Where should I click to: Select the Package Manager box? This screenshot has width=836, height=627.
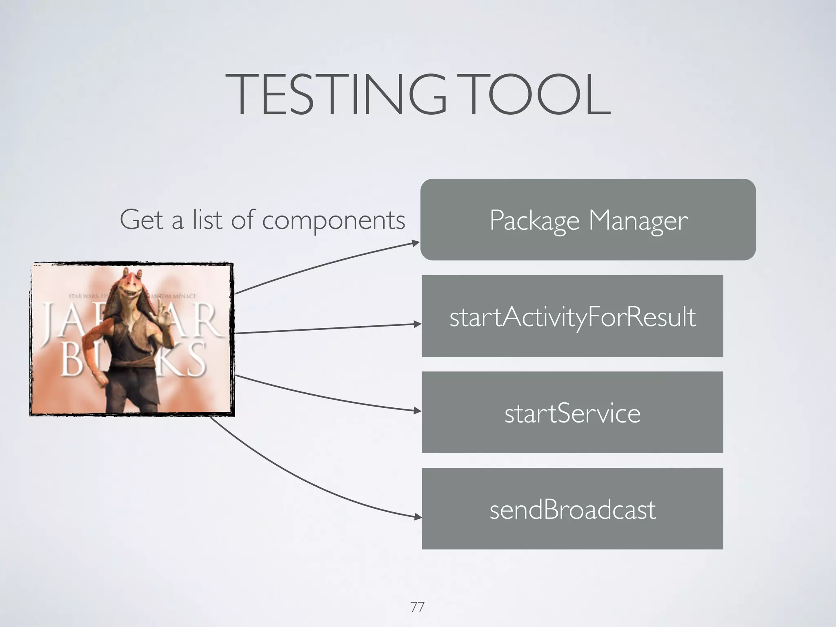[588, 220]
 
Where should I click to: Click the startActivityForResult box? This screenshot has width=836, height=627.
[572, 316]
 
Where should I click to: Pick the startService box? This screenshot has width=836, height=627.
[572, 412]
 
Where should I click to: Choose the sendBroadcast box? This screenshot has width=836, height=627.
[572, 509]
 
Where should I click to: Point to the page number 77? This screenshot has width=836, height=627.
[417, 607]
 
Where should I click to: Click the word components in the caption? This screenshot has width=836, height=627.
[334, 220]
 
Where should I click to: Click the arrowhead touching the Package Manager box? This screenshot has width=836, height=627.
[416, 243]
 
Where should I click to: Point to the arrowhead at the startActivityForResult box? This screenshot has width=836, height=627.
[417, 324]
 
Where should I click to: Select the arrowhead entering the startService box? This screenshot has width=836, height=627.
[417, 411]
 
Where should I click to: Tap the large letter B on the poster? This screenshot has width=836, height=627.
[71, 359]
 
